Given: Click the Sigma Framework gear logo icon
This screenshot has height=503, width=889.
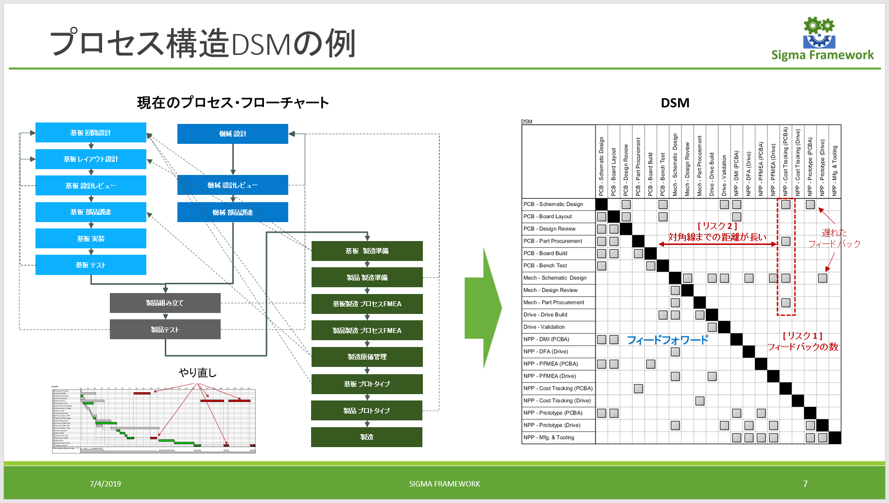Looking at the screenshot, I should pyautogui.click(x=819, y=33).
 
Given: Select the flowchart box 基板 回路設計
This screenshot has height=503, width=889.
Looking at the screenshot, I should pyautogui.click(x=91, y=133).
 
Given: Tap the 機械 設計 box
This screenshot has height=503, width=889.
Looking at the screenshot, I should pyautogui.click(x=232, y=134).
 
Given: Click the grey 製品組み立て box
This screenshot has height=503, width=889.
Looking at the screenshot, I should pyautogui.click(x=165, y=303).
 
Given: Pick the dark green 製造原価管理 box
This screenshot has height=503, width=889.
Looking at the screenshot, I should pyautogui.click(x=367, y=357).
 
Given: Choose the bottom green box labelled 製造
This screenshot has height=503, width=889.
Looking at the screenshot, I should pyautogui.click(x=366, y=437).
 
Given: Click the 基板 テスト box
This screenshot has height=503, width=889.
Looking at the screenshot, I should pyautogui.click(x=91, y=265).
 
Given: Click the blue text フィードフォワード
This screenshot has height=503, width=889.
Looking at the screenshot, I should pyautogui.click(x=668, y=340).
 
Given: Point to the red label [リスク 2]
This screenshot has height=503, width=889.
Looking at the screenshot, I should pyautogui.click(x=717, y=226).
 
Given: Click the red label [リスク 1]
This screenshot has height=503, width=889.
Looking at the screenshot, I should pyautogui.click(x=802, y=336).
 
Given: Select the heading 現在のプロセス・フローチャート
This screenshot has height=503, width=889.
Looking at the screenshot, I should pyautogui.click(x=233, y=103).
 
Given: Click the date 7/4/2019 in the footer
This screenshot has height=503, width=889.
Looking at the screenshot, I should pyautogui.click(x=105, y=484).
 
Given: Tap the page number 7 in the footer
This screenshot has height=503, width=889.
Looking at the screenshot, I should pyautogui.click(x=805, y=484).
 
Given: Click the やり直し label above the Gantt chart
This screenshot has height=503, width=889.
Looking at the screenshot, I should pyautogui.click(x=197, y=373).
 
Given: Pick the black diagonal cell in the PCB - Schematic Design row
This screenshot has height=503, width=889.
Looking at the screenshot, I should pyautogui.click(x=602, y=205).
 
